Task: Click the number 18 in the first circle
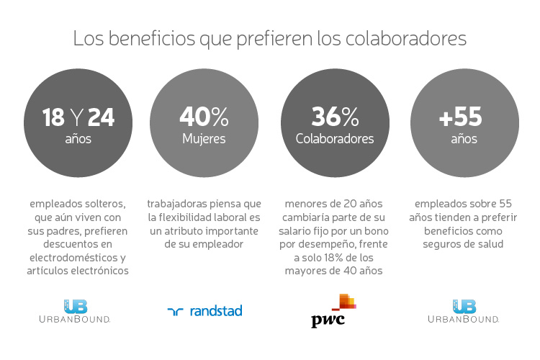tap(54, 117)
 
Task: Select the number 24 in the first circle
tap(101, 117)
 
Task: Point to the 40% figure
tap(204, 116)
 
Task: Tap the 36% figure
tap(335, 116)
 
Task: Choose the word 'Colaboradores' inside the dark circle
tap(335, 139)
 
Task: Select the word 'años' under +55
tap(464, 139)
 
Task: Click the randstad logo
tap(204, 311)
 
